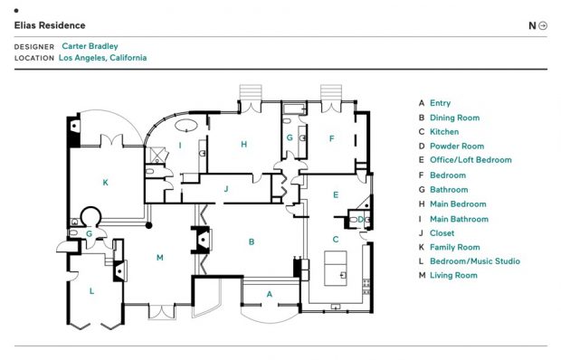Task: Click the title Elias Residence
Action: pyautogui.click(x=50, y=25)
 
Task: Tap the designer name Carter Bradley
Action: pyautogui.click(x=90, y=46)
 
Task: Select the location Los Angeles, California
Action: pyautogui.click(x=102, y=58)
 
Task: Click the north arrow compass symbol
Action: pyautogui.click(x=543, y=25)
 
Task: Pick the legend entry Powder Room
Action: pyautogui.click(x=457, y=147)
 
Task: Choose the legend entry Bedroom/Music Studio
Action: pyautogui.click(x=475, y=261)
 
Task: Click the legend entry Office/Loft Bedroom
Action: pyautogui.click(x=471, y=160)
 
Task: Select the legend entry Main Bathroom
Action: pyautogui.click(x=459, y=219)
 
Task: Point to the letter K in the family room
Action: pyautogui.click(x=105, y=183)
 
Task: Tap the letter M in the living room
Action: pyautogui.click(x=160, y=258)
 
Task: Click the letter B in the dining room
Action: pyautogui.click(x=252, y=242)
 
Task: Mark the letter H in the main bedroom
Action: pyautogui.click(x=244, y=144)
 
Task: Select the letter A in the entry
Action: pyautogui.click(x=270, y=294)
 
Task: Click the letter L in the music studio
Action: pyautogui.click(x=91, y=291)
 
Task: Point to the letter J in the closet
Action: pyautogui.click(x=226, y=189)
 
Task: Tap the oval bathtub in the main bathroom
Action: pyautogui.click(x=186, y=125)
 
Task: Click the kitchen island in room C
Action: pyautogui.click(x=336, y=268)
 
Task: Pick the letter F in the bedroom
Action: pyautogui.click(x=332, y=138)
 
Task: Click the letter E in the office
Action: pyautogui.click(x=336, y=194)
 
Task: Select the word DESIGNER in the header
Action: pyautogui.click(x=34, y=47)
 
